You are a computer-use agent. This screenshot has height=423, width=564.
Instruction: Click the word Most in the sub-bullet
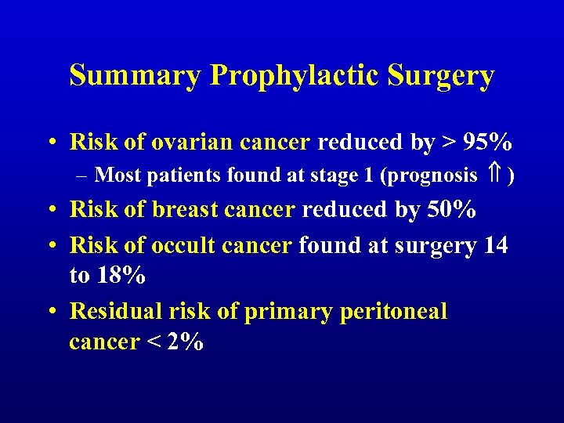[x=122, y=175]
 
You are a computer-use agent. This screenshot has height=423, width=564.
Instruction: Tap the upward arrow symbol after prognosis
[x=494, y=175]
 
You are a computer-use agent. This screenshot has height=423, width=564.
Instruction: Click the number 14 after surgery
[x=495, y=245]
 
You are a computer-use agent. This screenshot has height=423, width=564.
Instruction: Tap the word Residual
[x=118, y=311]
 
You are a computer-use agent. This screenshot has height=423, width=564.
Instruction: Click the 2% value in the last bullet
[x=188, y=342]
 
